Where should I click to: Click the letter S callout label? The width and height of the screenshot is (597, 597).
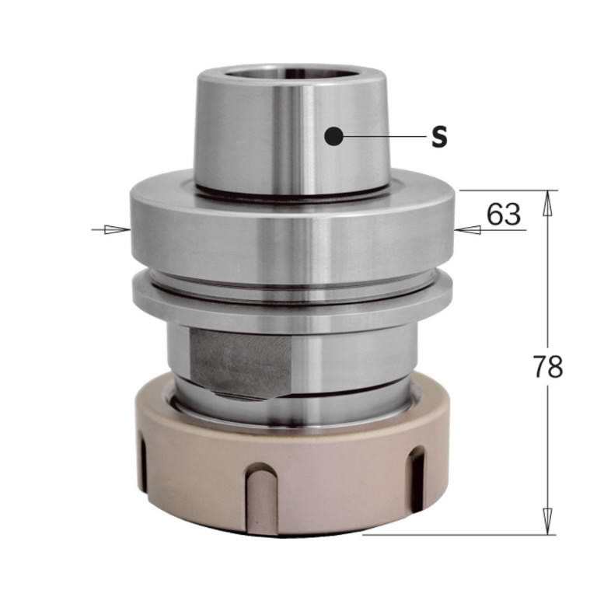click(x=439, y=138)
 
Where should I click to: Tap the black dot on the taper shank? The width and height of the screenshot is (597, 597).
click(x=334, y=137)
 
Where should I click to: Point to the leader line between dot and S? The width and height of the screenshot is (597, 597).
click(x=381, y=138)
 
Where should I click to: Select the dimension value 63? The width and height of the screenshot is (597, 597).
click(x=504, y=214)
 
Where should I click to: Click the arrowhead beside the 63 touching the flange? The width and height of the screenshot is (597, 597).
click(x=466, y=229)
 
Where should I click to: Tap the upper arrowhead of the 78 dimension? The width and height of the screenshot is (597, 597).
click(x=547, y=203)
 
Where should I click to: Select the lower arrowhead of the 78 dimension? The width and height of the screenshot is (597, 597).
click(x=547, y=520)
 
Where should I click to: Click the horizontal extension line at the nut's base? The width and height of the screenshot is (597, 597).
click(x=459, y=534)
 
